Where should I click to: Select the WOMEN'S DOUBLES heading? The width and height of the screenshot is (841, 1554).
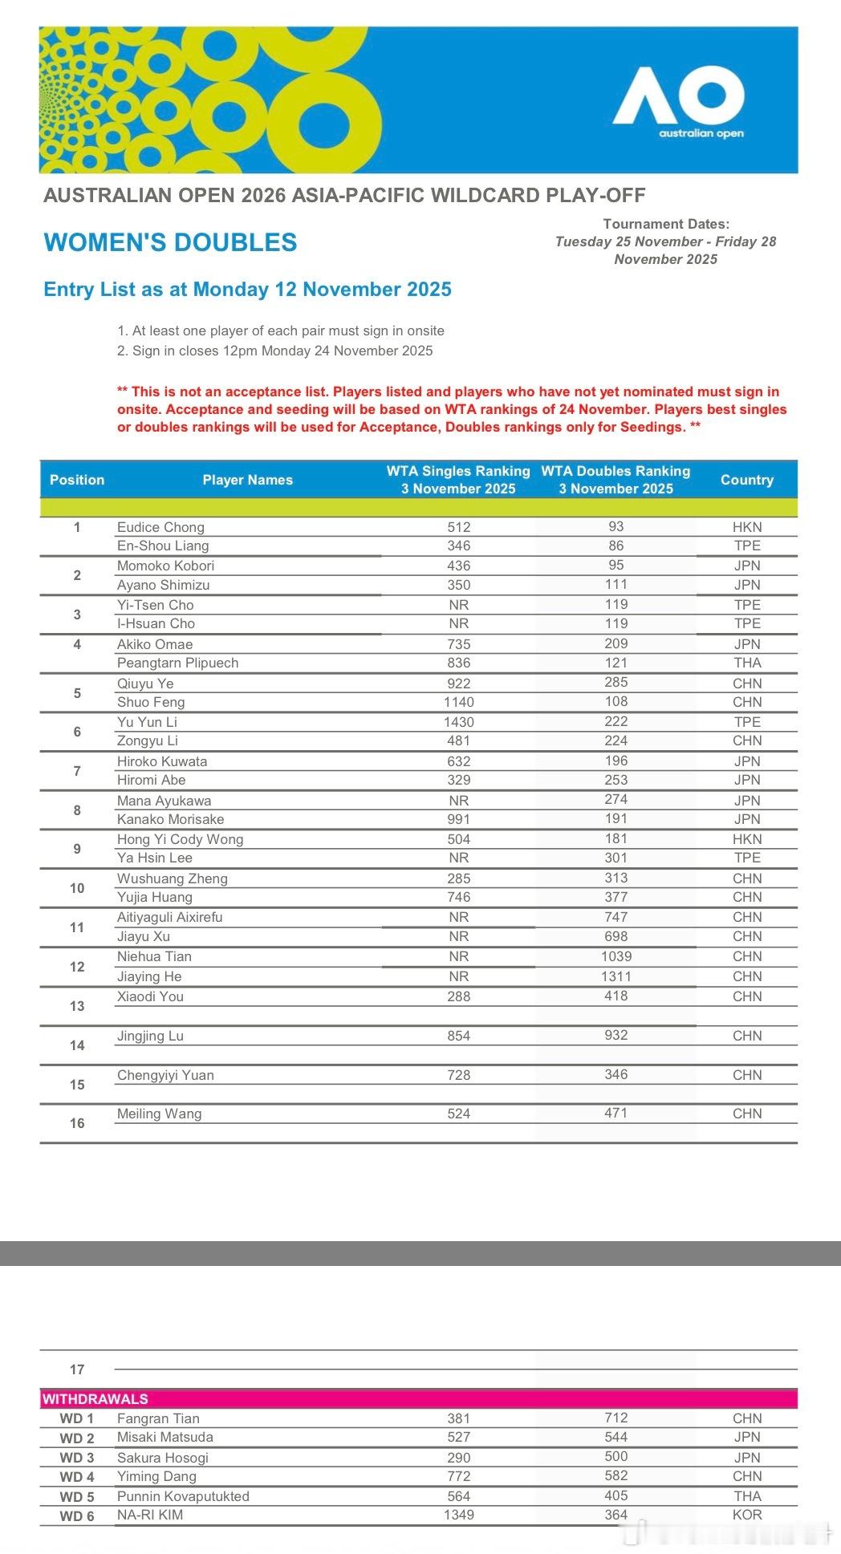tap(170, 242)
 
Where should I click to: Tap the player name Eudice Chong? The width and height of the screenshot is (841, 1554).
tap(160, 527)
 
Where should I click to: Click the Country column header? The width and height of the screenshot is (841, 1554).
tap(746, 480)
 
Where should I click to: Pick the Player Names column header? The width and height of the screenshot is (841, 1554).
tap(247, 480)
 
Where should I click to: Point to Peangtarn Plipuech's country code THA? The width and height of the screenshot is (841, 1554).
tap(746, 663)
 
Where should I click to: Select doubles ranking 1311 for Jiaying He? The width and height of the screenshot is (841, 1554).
tap(616, 976)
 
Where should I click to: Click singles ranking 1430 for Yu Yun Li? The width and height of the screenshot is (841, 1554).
tap(458, 722)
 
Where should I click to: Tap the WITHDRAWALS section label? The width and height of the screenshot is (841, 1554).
tap(95, 1398)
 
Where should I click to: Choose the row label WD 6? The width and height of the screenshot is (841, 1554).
tap(77, 1515)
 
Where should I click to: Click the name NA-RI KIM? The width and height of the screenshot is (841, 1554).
tap(150, 1515)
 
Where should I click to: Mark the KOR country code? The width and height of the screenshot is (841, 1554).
tap(746, 1515)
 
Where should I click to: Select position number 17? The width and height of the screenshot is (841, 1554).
tap(77, 1369)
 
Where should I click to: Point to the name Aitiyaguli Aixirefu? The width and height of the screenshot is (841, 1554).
tap(169, 917)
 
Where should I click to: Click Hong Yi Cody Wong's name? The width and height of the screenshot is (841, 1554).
tap(180, 839)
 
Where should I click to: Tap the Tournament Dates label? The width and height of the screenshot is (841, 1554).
tap(666, 224)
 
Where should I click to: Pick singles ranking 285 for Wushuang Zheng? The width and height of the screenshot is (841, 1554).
tap(458, 878)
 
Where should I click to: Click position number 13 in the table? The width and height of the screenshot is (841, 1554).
tap(77, 1006)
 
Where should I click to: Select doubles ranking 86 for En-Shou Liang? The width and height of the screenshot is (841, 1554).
tap(616, 546)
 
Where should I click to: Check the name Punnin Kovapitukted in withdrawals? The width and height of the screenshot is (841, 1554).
tap(183, 1496)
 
